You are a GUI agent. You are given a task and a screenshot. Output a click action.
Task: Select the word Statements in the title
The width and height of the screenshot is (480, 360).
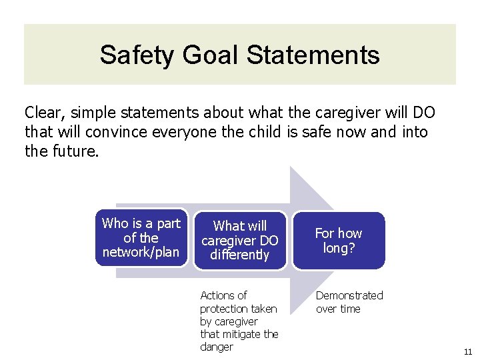[313, 55]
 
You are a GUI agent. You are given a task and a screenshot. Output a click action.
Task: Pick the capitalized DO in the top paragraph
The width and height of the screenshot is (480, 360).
[423, 113]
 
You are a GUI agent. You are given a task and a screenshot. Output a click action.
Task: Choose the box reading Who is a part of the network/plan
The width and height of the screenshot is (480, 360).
[141, 238]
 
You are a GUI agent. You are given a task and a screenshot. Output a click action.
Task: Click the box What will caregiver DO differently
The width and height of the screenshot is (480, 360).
[240, 241]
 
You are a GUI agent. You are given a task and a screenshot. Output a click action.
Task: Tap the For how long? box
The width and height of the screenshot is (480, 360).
[339, 241]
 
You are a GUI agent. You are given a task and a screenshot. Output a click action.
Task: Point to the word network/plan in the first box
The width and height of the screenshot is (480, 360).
[141, 252]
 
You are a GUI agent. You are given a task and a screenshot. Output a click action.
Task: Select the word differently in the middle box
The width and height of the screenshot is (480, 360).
[240, 255]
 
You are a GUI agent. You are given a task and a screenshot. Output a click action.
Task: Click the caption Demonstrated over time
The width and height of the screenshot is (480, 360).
[349, 302]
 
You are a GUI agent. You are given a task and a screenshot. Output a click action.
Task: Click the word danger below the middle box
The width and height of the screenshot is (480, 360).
[217, 347]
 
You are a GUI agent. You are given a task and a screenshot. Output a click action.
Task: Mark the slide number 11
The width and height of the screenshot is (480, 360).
[467, 351]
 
